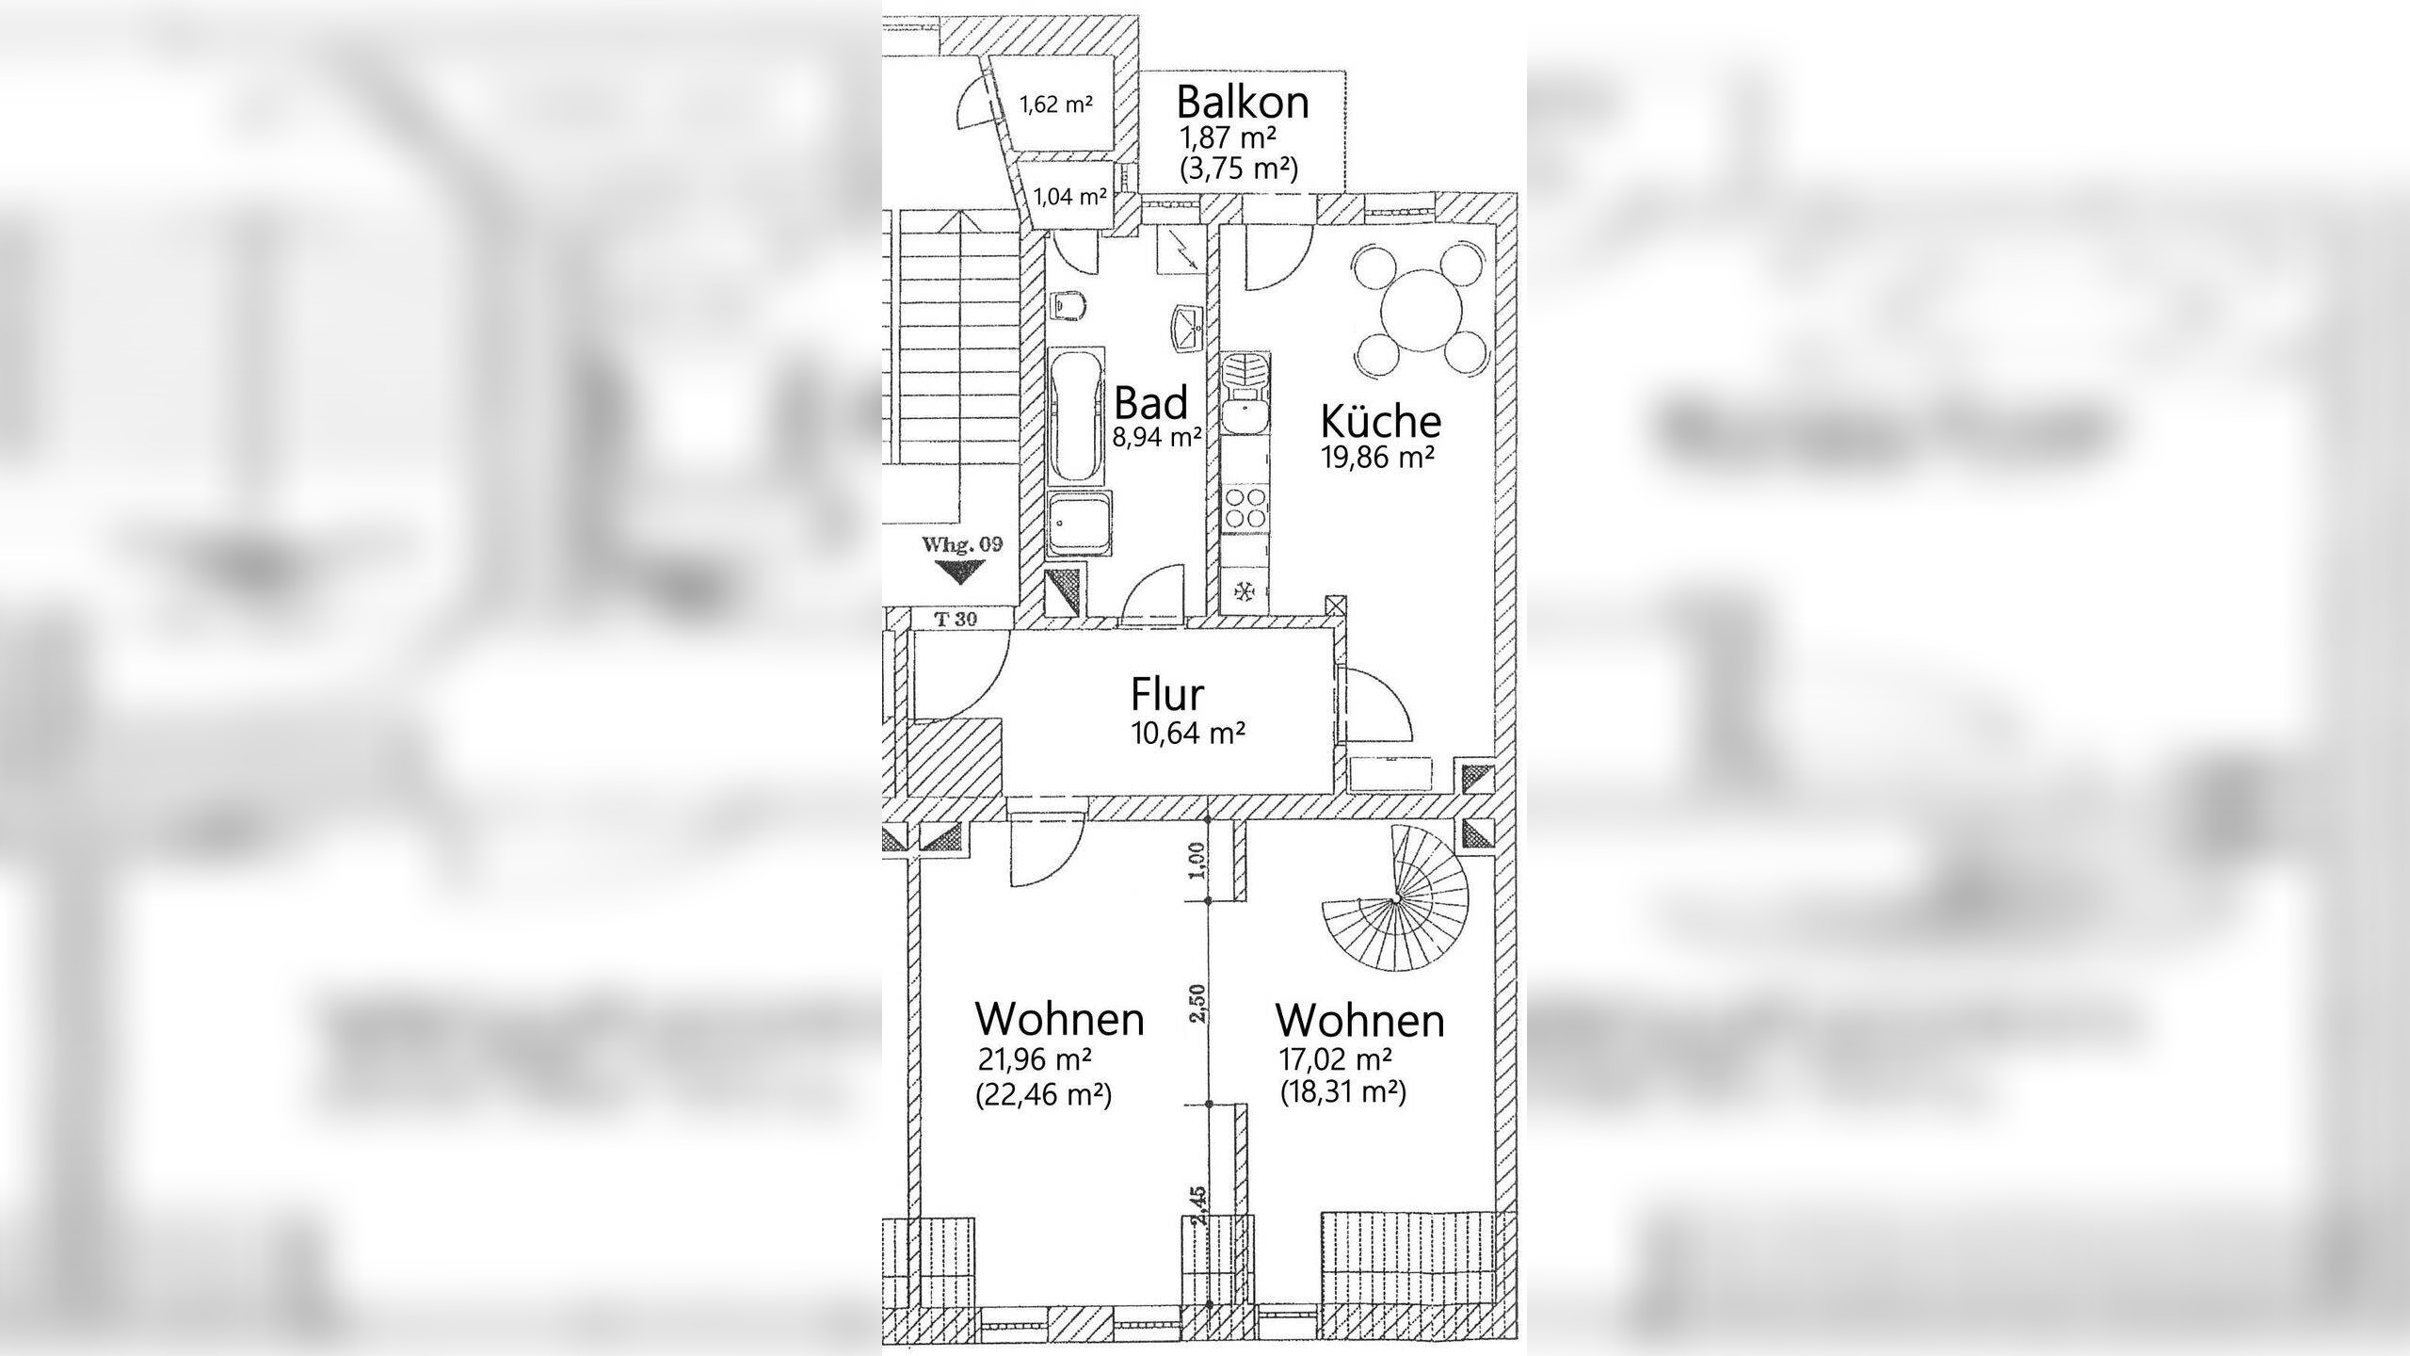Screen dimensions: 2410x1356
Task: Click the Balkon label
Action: point(1243,102)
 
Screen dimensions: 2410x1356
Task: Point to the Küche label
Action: point(1381,421)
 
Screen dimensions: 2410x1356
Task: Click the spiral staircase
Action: point(1394,900)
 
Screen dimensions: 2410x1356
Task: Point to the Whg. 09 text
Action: point(962,544)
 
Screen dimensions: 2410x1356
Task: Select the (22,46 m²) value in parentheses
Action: point(1045,1095)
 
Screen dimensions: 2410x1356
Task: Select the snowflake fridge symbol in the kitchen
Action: point(1245,591)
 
